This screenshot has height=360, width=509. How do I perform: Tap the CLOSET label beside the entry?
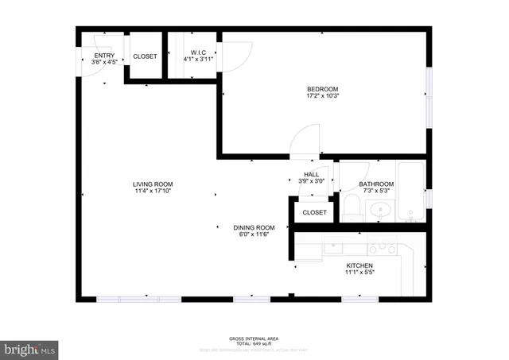point(145,56)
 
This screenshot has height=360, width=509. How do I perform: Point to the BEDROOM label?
point(323,89)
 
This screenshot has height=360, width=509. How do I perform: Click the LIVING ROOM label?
point(153,184)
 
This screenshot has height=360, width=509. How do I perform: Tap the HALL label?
point(311,174)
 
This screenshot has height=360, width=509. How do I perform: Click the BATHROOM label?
point(376,184)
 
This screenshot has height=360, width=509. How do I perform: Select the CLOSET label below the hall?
point(314,213)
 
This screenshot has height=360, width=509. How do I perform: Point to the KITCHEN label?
point(359,265)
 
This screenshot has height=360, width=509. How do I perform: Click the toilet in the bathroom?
point(352,208)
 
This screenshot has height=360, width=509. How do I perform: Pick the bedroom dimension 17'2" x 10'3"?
point(323,97)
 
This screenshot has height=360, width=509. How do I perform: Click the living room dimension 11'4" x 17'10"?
point(153,192)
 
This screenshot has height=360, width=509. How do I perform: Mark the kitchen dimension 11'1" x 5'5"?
point(359,273)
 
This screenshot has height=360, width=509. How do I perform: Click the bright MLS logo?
point(30,348)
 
